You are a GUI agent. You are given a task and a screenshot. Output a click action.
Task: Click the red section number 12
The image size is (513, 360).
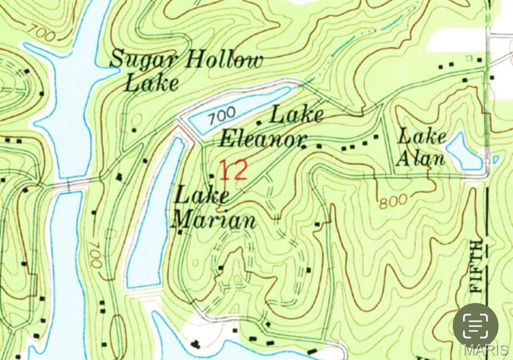pos(233,171)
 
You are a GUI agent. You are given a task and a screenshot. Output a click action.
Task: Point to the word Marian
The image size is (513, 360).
pos(214,220)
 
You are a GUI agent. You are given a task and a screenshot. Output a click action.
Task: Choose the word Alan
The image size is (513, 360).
pos(420,158)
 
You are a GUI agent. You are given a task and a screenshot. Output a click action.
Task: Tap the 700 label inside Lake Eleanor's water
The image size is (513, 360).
pos(222,116)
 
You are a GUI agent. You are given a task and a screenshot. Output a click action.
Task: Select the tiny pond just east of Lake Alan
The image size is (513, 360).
pos(495,160)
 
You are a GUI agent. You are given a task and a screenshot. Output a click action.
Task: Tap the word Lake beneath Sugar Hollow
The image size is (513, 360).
pos(151,83)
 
